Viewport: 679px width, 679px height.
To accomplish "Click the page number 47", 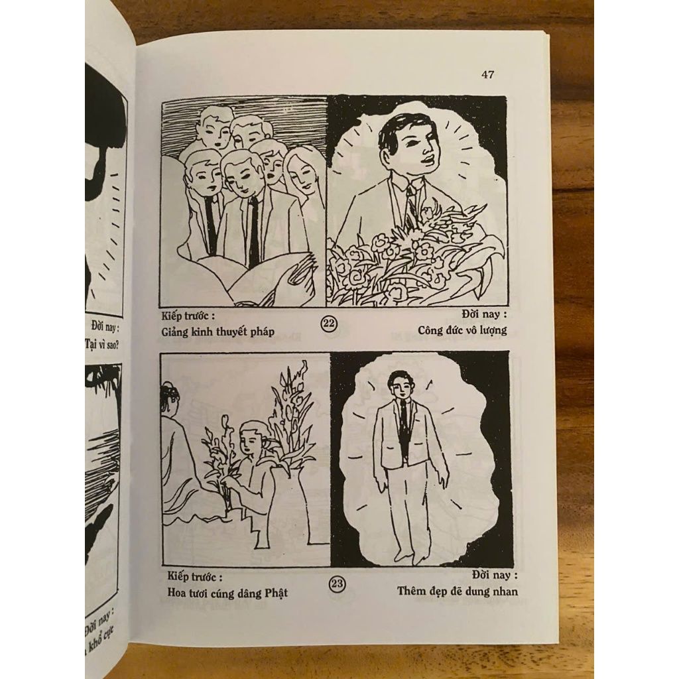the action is [x=487, y=74].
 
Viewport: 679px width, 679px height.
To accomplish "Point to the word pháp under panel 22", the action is [x=262, y=332].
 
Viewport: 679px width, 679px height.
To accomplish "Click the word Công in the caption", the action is [x=431, y=330].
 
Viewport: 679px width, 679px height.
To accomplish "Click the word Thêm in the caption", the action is [x=411, y=590].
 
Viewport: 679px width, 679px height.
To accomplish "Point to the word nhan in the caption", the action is [x=505, y=591].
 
